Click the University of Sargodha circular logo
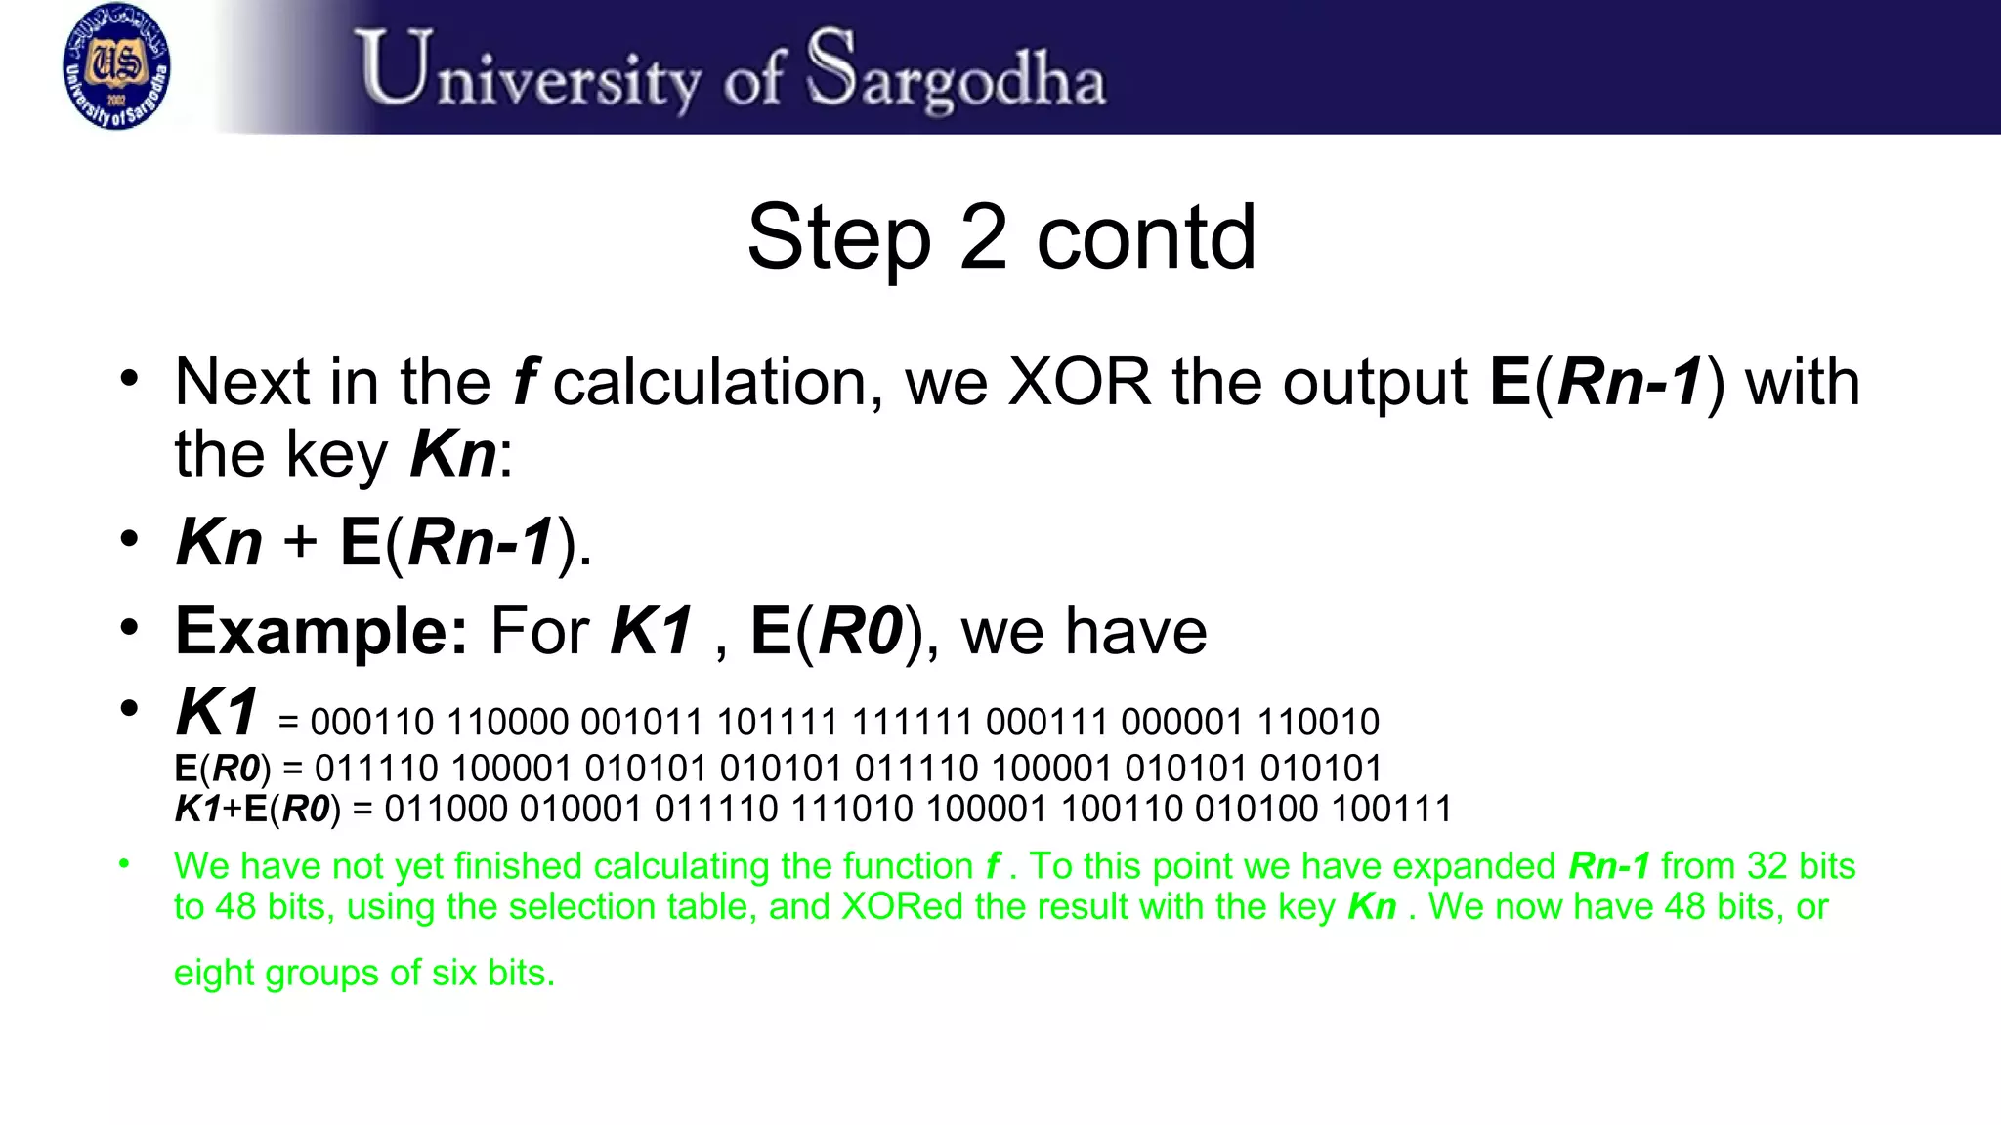[x=116, y=66]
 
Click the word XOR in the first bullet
[x=1080, y=382]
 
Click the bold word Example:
[x=321, y=631]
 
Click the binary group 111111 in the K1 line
[x=913, y=723]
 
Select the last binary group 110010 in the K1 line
[x=1318, y=723]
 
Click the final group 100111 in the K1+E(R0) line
[x=1391, y=810]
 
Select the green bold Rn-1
[x=1609, y=866]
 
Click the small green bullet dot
[x=124, y=863]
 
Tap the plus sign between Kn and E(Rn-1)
[x=300, y=542]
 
